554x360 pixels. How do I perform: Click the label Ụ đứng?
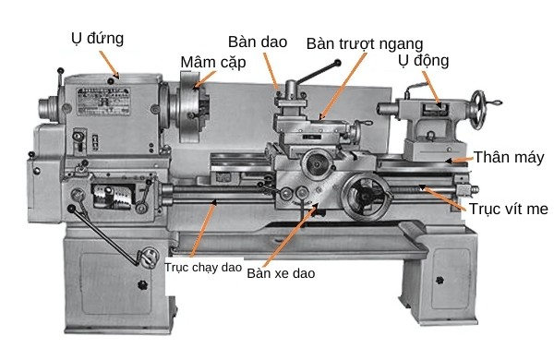pos(97,38)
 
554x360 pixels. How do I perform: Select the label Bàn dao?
pos(259,42)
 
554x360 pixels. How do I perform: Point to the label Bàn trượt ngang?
pos(365,43)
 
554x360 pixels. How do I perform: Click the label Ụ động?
pos(423,61)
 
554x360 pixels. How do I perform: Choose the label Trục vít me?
pos(508,210)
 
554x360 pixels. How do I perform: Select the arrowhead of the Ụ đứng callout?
pos(116,77)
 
